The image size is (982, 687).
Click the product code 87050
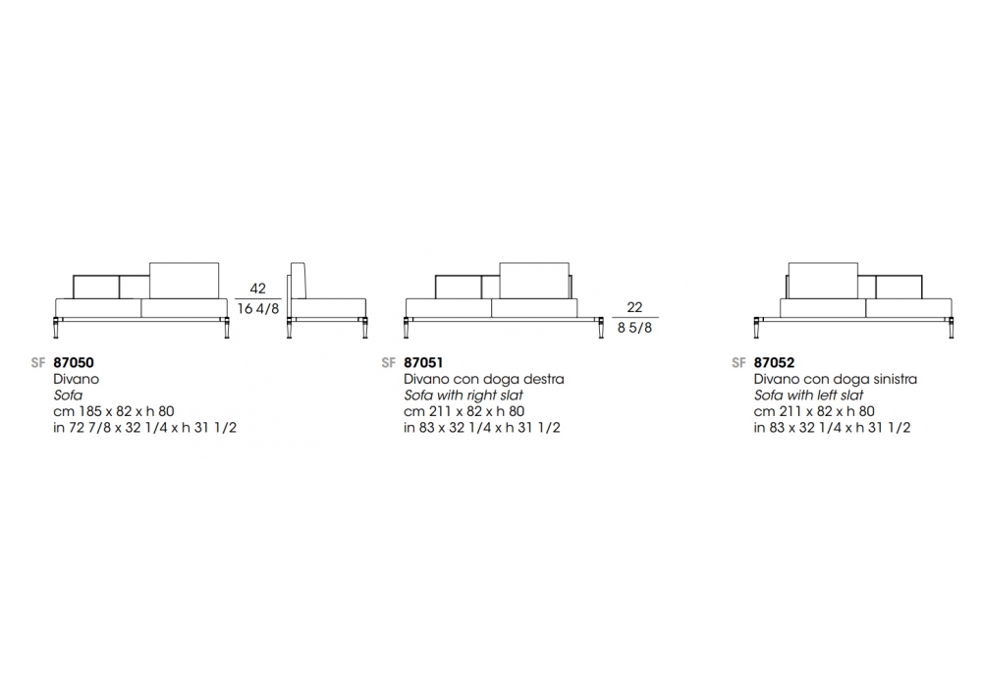(x=74, y=362)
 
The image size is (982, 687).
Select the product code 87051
(x=423, y=362)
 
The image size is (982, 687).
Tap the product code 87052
(x=774, y=362)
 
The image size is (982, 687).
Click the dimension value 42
(x=258, y=289)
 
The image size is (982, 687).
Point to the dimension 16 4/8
(x=258, y=308)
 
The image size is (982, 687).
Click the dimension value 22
(x=634, y=307)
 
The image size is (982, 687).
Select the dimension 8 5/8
(x=634, y=327)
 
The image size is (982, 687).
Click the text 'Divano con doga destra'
(x=484, y=379)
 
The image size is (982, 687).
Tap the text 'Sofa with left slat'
(x=808, y=396)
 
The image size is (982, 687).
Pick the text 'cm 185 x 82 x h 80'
(x=114, y=411)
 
